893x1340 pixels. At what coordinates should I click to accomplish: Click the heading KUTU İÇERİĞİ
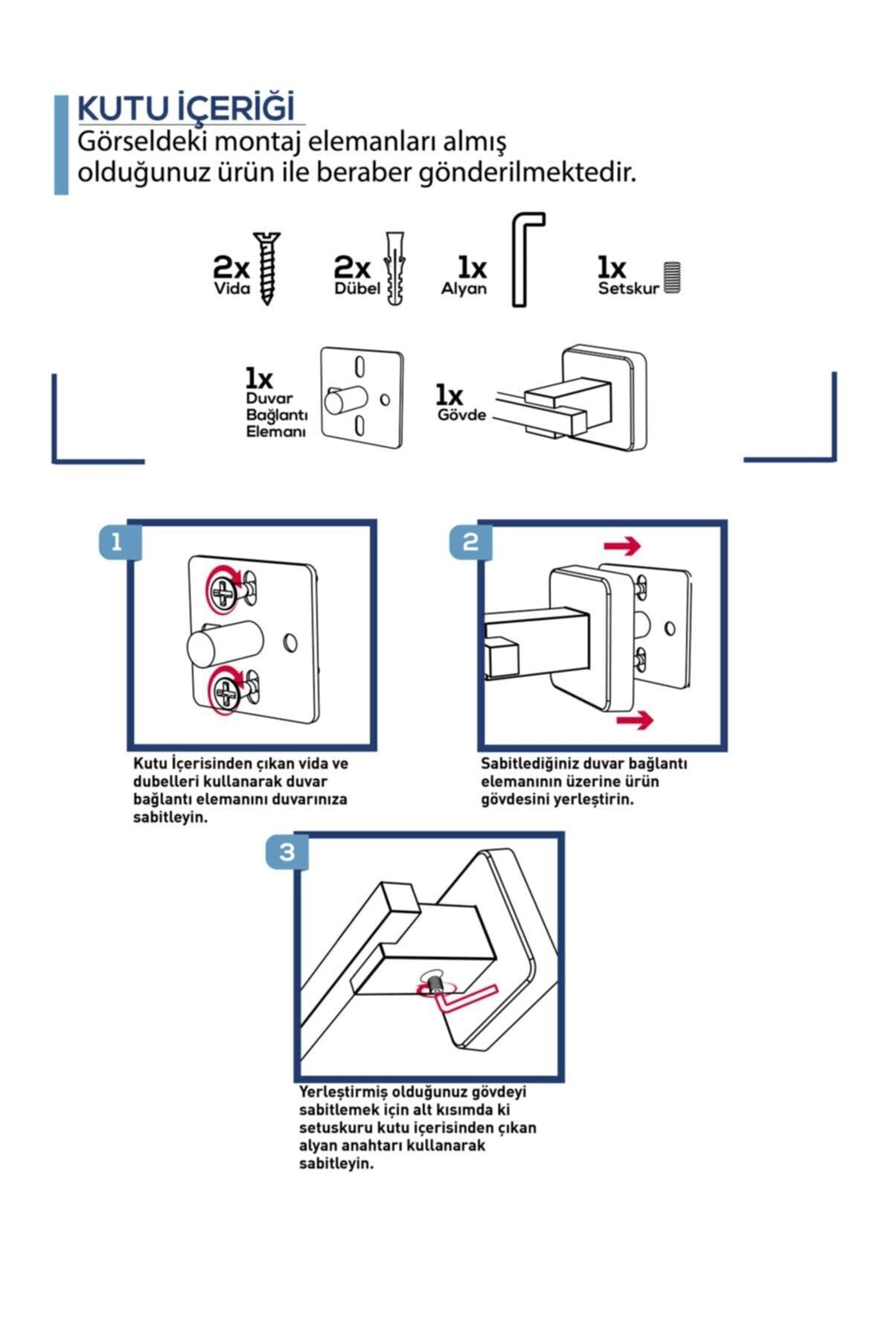pyautogui.click(x=186, y=109)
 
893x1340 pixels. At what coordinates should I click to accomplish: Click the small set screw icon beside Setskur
pyautogui.click(x=673, y=277)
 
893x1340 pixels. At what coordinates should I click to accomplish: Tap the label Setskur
pyautogui.click(x=629, y=289)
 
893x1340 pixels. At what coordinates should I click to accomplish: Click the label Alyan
pyautogui.click(x=464, y=289)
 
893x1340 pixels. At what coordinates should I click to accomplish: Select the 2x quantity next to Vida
pyautogui.click(x=231, y=267)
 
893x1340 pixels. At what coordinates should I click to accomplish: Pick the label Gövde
pyautogui.click(x=461, y=415)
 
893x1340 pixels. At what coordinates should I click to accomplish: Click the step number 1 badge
pyautogui.click(x=116, y=542)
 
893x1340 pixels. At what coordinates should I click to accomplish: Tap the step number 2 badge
pyautogui.click(x=470, y=542)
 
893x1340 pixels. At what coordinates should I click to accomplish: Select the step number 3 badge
pyautogui.click(x=287, y=852)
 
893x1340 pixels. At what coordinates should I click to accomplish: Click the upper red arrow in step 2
pyautogui.click(x=622, y=546)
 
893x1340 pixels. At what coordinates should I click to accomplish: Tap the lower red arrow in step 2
pyautogui.click(x=634, y=719)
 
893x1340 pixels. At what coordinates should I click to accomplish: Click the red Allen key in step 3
pyautogui.click(x=465, y=998)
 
